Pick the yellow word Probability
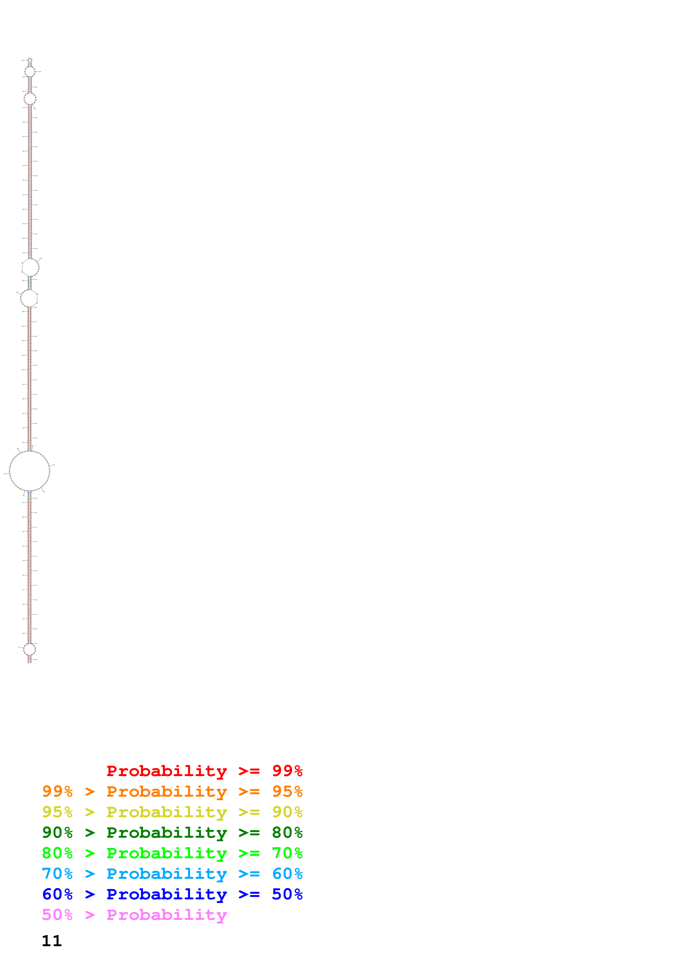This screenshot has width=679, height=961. coord(167,813)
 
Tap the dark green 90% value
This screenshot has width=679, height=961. coord(57,833)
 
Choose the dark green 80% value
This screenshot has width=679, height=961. coord(287,833)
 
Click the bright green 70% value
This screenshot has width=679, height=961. coord(287,853)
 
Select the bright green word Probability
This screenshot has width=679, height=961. coord(167,853)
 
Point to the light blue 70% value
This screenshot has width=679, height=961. coord(57,874)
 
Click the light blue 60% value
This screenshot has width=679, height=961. coord(287,874)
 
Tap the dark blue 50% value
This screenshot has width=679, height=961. coord(287,894)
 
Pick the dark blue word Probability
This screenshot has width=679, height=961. coord(167,894)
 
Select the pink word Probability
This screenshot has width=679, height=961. coord(167,915)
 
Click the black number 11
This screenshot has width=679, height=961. coord(51,941)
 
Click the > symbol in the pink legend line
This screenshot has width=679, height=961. coord(90,915)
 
